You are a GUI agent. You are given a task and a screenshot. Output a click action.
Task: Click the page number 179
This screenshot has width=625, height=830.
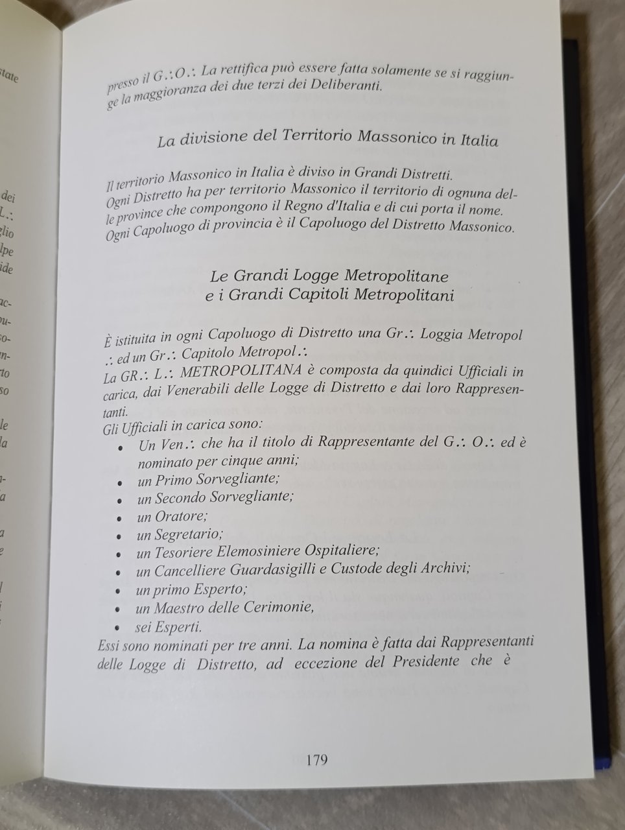point(316,759)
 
